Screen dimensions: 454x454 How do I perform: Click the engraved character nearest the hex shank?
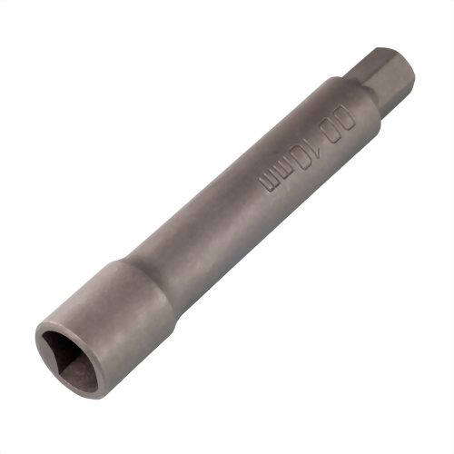(346, 117)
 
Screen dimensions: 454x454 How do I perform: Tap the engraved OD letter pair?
(339, 124)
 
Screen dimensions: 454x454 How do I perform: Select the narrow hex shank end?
(383, 82)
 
